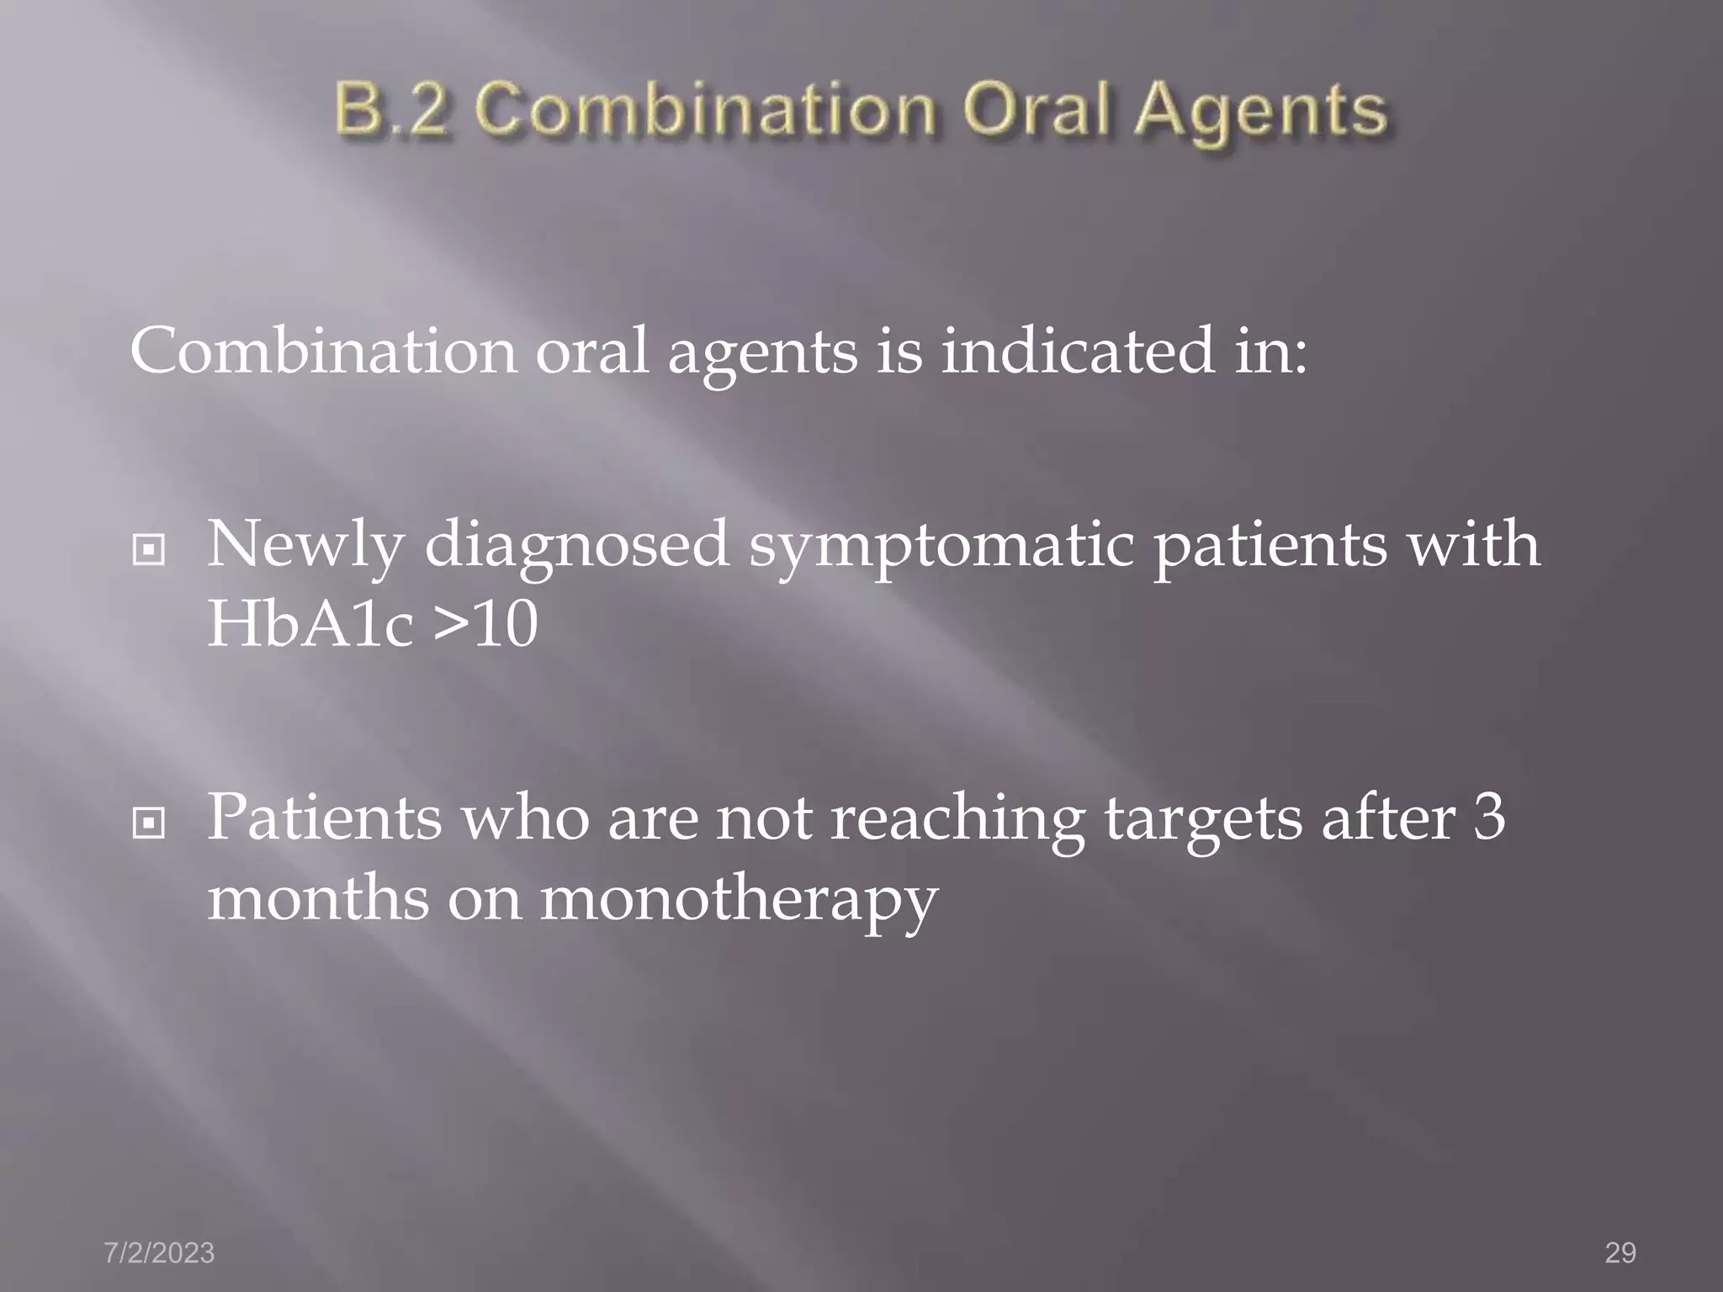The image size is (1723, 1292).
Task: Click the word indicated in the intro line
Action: point(1078,352)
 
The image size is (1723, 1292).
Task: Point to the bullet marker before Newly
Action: point(149,551)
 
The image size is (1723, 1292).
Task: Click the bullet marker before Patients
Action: point(149,823)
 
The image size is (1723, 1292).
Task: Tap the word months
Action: point(317,898)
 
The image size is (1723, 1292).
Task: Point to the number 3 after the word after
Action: point(1489,817)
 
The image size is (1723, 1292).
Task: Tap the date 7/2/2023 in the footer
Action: point(159,1252)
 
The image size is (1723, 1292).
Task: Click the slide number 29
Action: point(1620,1252)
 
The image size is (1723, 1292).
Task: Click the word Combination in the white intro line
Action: point(323,352)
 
